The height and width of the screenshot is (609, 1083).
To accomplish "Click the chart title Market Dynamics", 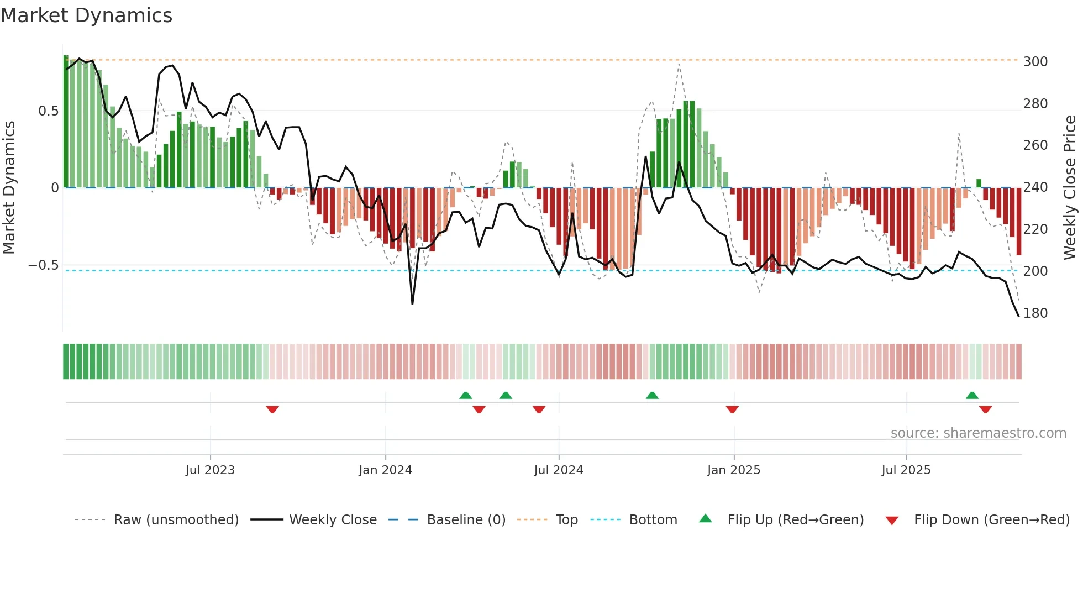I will point(86,15).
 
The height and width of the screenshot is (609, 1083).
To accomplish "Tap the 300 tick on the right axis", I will point(1035,61).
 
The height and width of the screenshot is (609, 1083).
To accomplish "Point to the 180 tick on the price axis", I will point(1035,313).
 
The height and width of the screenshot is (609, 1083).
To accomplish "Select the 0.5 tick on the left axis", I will point(48,111).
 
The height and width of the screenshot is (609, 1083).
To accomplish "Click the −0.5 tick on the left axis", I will point(44,265).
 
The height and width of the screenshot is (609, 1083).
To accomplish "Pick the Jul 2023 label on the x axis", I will point(210,470).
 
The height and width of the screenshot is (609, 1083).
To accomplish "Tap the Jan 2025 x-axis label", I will point(733,470).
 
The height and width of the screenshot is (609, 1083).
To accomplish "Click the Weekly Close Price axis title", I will point(1070,188).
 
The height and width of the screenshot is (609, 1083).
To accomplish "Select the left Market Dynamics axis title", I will point(9,188).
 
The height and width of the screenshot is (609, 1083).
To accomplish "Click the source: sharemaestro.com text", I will point(978,433).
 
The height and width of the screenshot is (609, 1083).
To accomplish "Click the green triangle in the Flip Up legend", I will point(706,519).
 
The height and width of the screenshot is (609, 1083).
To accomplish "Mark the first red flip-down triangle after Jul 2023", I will point(272,410).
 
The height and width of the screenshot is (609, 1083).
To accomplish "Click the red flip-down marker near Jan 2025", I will point(732,410).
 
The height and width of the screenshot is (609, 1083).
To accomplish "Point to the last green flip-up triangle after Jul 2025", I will point(972,395).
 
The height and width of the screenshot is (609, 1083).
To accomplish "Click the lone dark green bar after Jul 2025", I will point(979,183).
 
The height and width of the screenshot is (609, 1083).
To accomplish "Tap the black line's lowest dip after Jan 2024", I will point(412,303).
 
